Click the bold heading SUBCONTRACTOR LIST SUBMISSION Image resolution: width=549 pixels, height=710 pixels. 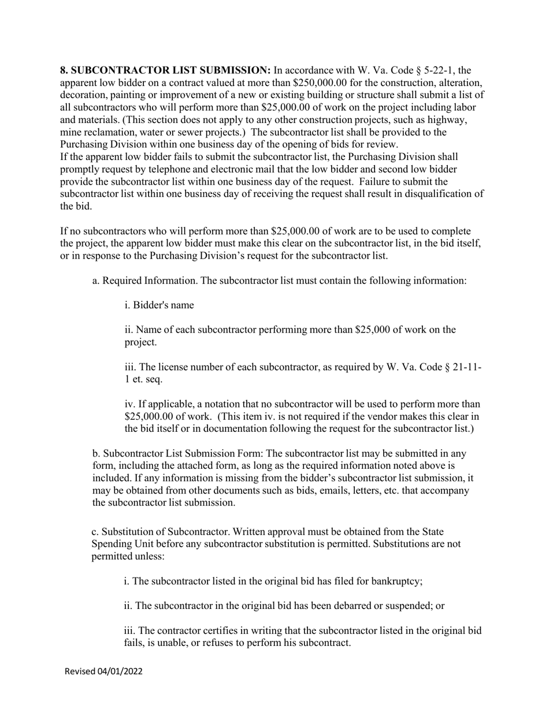(165, 70)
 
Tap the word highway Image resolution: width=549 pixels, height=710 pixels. (448, 119)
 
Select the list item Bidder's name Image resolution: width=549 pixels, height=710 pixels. (159, 305)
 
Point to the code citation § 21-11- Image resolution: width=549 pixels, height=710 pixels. (454, 367)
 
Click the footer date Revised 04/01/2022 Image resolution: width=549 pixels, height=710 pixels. (103, 671)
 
